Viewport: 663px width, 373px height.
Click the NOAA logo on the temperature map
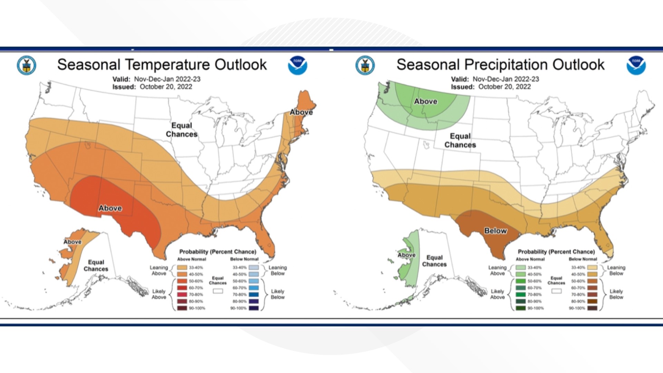tap(297, 65)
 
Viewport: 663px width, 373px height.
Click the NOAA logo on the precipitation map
tap(636, 65)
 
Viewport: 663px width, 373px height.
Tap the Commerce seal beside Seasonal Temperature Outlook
tap(26, 65)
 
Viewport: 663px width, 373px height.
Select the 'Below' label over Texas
tap(495, 231)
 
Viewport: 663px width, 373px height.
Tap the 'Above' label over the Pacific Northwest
tap(425, 101)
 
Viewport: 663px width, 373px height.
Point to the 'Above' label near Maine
tap(301, 112)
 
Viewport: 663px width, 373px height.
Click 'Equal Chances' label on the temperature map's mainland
tap(182, 130)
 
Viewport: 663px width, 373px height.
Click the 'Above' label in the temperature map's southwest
tap(110, 208)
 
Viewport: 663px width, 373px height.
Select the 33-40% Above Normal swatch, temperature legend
tap(182, 267)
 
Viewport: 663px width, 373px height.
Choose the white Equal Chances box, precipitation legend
tap(556, 291)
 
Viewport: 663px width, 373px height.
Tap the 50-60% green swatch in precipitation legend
tap(521, 281)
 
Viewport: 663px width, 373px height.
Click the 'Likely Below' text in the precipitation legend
tap(616, 294)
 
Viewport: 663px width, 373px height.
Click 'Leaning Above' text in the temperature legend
tap(159, 270)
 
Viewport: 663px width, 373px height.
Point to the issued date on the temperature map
tap(152, 87)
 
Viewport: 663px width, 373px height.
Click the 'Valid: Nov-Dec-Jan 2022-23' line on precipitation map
tap(495, 79)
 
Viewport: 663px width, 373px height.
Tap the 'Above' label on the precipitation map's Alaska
tap(406, 255)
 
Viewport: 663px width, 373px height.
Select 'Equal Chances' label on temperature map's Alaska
tap(96, 266)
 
